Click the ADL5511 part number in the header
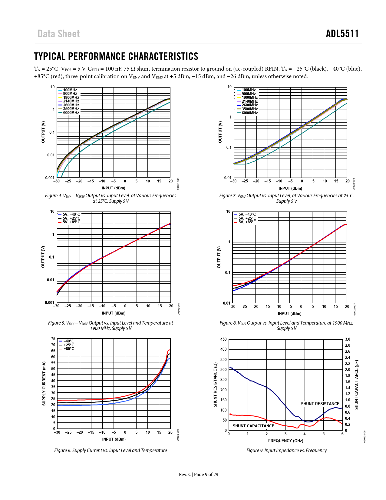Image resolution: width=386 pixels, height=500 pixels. pos(342,34)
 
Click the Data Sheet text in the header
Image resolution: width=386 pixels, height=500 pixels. pos(59,34)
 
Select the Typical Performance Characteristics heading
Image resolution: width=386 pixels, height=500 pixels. pos(116,56)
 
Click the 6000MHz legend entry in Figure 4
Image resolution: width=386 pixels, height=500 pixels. pos(71,113)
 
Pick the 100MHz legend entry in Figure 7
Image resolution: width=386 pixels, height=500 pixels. pos(249,90)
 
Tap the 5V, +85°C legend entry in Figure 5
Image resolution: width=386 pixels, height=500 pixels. pos(71,222)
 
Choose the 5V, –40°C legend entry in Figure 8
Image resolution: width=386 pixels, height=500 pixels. pos(247,215)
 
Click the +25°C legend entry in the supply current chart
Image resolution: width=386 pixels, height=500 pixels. pos(69,345)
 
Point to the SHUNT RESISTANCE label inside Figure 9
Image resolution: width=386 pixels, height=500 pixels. pos(320,404)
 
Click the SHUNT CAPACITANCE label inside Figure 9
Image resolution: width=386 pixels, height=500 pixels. pos(253,426)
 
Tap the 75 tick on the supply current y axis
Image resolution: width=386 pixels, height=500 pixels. pos(53,339)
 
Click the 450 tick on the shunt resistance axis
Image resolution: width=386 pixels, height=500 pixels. pos(223,339)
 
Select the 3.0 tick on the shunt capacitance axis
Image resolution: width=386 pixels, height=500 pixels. pos(348,339)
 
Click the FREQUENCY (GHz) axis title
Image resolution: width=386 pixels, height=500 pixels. pos(285,441)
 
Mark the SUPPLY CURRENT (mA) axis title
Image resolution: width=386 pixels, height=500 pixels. pos(44,384)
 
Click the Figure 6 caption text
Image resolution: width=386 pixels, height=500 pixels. pos(111,451)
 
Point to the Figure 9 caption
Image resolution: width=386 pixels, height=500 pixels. pos(286,451)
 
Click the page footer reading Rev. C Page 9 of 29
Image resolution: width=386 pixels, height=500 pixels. pos(198,475)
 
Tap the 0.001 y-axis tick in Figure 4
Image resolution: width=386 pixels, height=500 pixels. pos(50,178)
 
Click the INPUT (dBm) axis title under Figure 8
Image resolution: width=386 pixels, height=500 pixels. pos(289,313)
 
